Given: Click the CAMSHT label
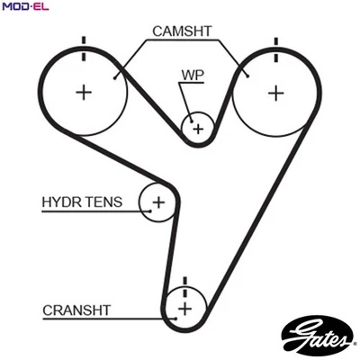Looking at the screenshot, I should coord(181,31).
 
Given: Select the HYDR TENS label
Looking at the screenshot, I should coord(84,202).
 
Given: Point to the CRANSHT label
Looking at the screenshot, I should coord(76,310).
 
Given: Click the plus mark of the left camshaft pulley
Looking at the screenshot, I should coord(84,91).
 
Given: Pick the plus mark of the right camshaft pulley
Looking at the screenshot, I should coord(274,91).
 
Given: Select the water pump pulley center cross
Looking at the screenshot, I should coord(197,128).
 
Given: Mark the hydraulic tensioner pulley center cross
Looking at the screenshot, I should coord(159,202).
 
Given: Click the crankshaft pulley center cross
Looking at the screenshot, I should coord(184,309).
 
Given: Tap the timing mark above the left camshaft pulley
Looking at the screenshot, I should coord(84,45).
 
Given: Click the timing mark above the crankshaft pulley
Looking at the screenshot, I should coord(184,283).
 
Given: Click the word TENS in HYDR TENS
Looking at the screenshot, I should coord(107,202).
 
